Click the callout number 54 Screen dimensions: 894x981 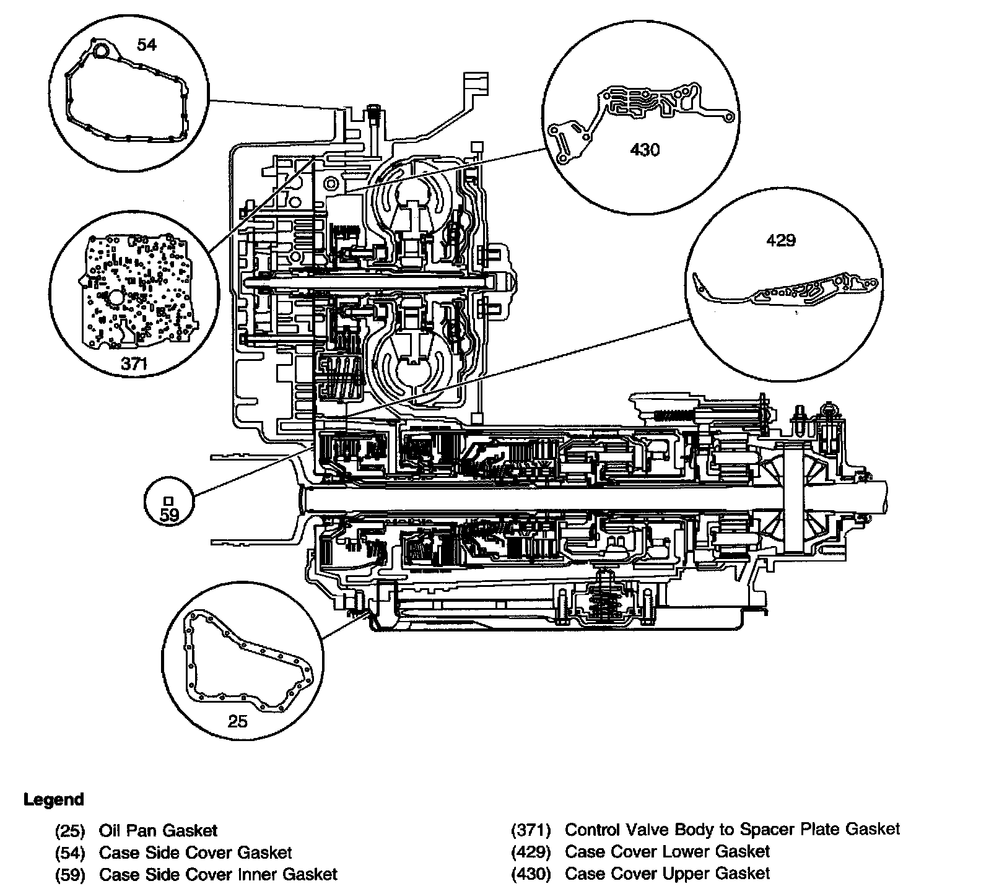pyautogui.click(x=147, y=45)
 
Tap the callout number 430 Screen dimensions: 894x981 pyautogui.click(x=645, y=150)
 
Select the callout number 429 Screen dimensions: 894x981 pyautogui.click(x=780, y=240)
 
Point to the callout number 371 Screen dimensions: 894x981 pyautogui.click(x=134, y=363)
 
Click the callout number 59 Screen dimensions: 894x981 pyautogui.click(x=169, y=515)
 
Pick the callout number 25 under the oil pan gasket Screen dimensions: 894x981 pyautogui.click(x=237, y=721)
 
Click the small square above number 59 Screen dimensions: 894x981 pyautogui.click(x=168, y=500)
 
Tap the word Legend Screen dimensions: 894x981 pyautogui.click(x=53, y=799)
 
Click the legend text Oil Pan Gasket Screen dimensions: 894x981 pyautogui.click(x=158, y=830)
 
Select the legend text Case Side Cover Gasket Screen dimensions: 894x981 pyautogui.click(x=195, y=853)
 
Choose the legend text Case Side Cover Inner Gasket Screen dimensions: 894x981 pyautogui.click(x=218, y=874)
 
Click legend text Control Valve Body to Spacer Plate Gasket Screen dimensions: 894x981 pyautogui.click(x=733, y=829)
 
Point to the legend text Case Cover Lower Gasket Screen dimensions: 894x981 pyautogui.click(x=667, y=851)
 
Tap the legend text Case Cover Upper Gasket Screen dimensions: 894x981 pyautogui.click(x=667, y=874)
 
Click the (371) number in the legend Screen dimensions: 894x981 pyautogui.click(x=531, y=830)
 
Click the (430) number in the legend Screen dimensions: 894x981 pyautogui.click(x=531, y=874)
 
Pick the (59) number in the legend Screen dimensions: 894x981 pyautogui.click(x=70, y=875)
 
